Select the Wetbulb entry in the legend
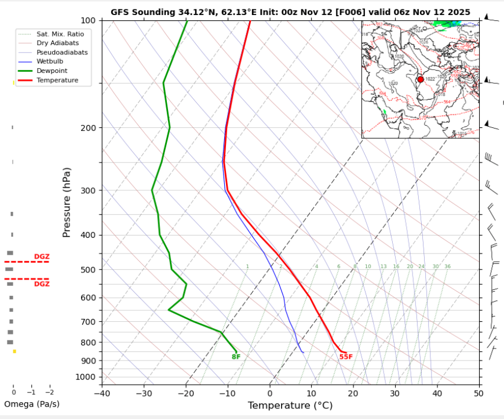coord(49,61)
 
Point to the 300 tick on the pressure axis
coord(88,190)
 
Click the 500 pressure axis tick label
coord(88,270)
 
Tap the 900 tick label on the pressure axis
coord(88,361)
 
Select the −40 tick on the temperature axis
coord(101,394)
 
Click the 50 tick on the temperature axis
coord(478,394)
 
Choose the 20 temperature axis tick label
coord(353,394)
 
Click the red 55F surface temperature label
coord(346,356)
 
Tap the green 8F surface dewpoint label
coord(236,356)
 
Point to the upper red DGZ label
coord(42,256)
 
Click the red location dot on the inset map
coord(421,79)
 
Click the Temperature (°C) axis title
coord(290,406)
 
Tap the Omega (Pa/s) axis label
coord(31,404)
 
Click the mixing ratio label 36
coord(447,266)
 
